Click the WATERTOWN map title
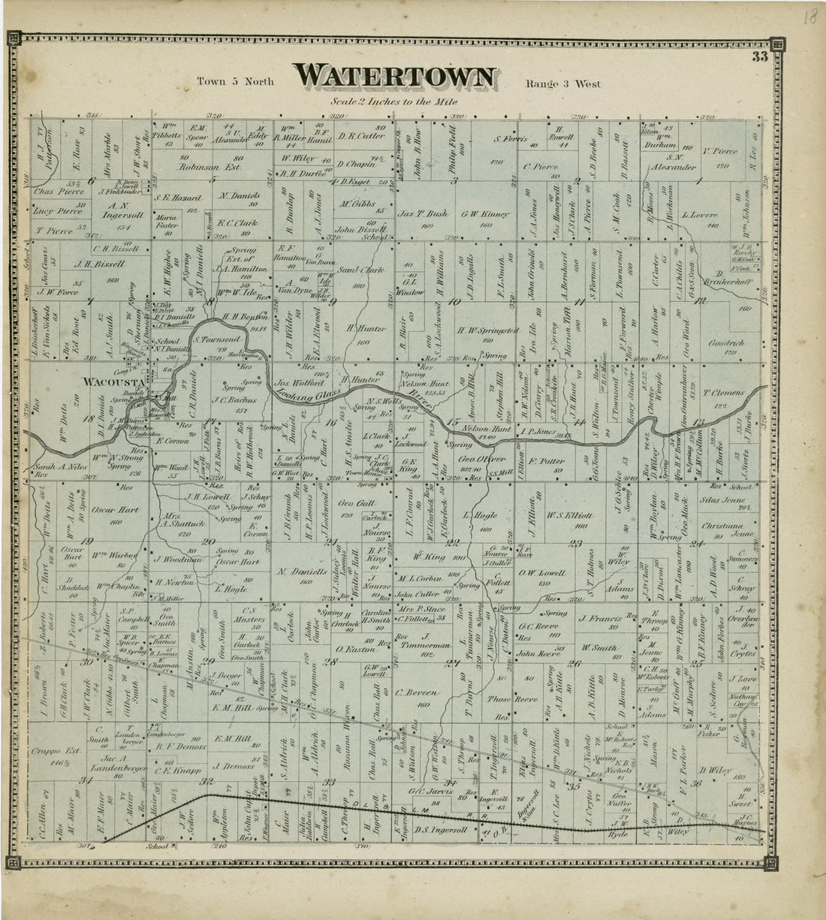(x=395, y=77)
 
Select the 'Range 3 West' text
(x=563, y=84)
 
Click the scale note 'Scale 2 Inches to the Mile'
(x=393, y=101)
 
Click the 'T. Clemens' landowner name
(x=724, y=392)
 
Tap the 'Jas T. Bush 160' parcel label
(x=426, y=218)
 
